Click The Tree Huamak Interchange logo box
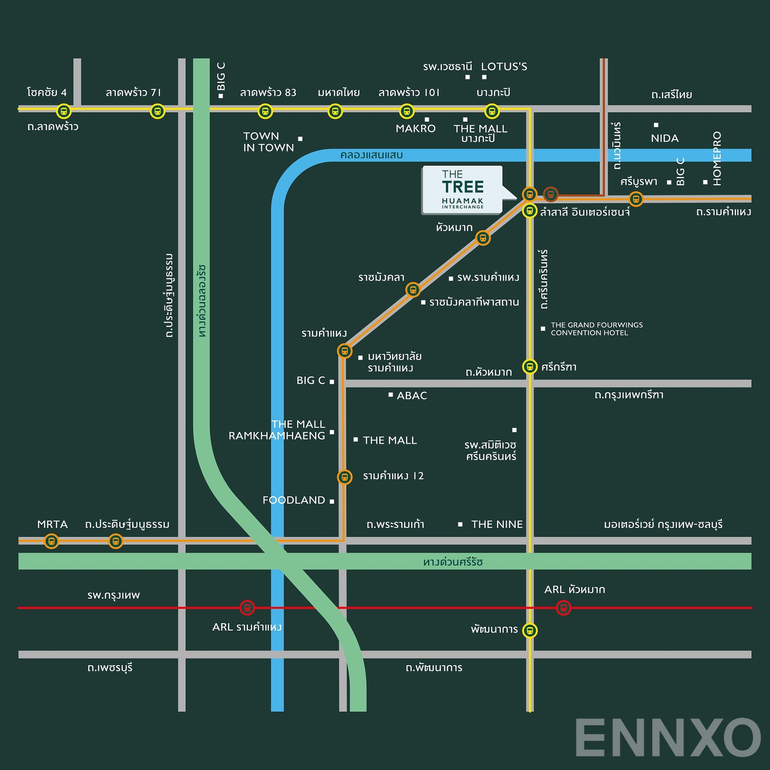coord(462,190)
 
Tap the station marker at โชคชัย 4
coord(64,111)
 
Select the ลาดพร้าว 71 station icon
coord(157,111)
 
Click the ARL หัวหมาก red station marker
coord(564,608)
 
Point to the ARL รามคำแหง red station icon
coord(247,608)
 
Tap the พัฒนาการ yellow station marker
coord(530,630)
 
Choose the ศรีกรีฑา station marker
coord(530,367)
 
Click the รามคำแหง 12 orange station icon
coord(344,477)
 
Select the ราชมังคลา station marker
coord(413,290)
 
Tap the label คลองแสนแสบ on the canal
coord(371,155)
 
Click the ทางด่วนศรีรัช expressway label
coord(453,562)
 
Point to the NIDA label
coord(665,139)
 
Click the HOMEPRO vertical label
coord(717,158)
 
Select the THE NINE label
coord(497,524)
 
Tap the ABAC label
coord(411,396)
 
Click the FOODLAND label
coord(294,500)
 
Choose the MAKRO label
coord(415,128)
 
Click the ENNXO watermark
coord(667,738)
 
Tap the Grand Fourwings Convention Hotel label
coord(596,329)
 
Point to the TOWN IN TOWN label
coord(268,142)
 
